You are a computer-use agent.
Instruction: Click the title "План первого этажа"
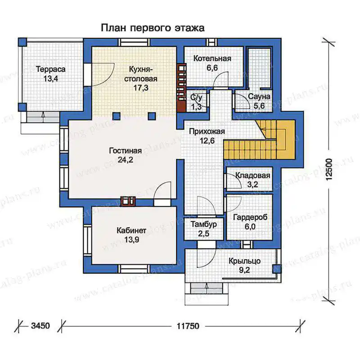point(153,28)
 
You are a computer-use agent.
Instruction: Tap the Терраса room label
point(51,69)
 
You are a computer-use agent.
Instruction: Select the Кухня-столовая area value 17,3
point(141,88)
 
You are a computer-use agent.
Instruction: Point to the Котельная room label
point(212,58)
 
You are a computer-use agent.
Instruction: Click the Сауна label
point(259,97)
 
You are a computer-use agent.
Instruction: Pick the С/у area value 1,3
point(196,107)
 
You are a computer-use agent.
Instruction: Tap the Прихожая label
point(207,131)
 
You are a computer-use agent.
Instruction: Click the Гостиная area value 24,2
point(126,160)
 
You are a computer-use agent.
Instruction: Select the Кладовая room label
point(252,175)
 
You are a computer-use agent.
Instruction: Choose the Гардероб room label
point(250,217)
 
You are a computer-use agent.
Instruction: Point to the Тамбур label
point(204,224)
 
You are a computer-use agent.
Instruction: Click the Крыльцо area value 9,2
point(244,270)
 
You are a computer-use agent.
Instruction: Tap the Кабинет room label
point(131,230)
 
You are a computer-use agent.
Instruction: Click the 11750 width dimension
point(188,326)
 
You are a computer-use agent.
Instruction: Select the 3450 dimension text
point(40,326)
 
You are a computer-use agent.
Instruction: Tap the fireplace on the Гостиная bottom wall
point(128,201)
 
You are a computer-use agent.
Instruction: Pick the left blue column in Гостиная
point(117,116)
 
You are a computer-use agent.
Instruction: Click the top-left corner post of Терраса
point(22,42)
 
